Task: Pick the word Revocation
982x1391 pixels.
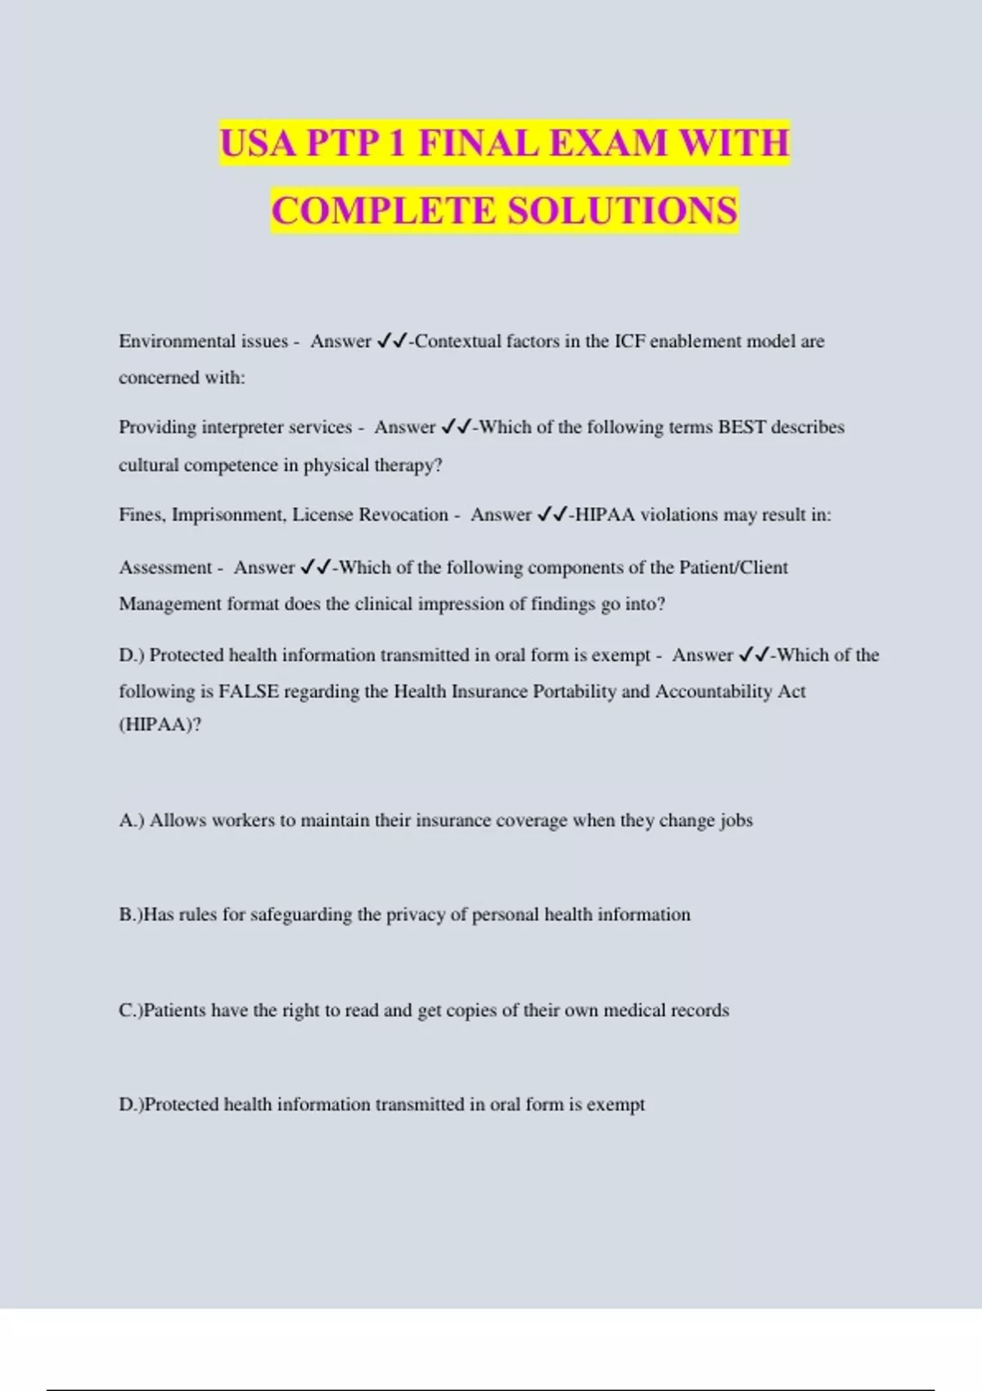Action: (403, 515)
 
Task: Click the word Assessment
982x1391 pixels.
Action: (165, 567)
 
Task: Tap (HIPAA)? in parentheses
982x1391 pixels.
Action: (160, 725)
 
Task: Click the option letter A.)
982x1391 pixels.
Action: (132, 821)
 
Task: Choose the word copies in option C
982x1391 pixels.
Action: (470, 1011)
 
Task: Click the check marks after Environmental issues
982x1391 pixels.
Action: (392, 341)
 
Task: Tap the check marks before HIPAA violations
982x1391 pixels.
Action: (553, 515)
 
